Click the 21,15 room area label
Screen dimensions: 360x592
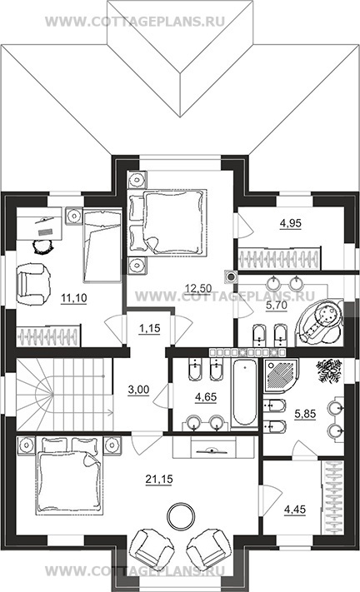click(159, 479)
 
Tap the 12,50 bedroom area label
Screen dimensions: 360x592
click(198, 288)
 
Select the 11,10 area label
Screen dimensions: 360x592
click(74, 298)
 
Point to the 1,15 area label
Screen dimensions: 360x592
click(150, 328)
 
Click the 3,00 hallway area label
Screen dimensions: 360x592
click(138, 390)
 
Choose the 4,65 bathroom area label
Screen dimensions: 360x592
click(206, 397)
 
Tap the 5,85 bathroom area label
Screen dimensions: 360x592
click(305, 414)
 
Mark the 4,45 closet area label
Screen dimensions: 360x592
click(295, 510)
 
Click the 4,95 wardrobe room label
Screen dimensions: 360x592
click(291, 223)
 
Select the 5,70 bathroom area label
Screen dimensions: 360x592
click(277, 305)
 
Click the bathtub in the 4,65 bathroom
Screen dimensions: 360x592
click(244, 393)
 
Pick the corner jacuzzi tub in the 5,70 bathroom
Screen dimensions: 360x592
click(320, 321)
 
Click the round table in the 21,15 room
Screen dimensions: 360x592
click(182, 516)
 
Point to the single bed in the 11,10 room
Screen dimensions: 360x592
click(102, 246)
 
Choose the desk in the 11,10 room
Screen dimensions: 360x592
click(39, 223)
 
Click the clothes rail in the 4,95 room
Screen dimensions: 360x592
click(279, 259)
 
